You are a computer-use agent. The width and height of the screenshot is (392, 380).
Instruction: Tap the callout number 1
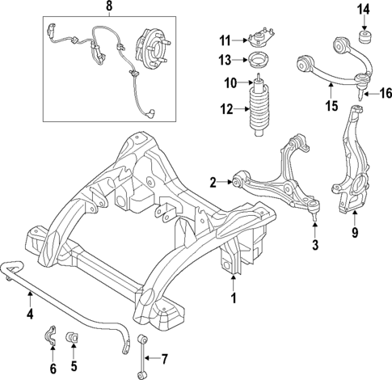235,298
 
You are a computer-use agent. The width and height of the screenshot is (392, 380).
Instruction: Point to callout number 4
29,314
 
